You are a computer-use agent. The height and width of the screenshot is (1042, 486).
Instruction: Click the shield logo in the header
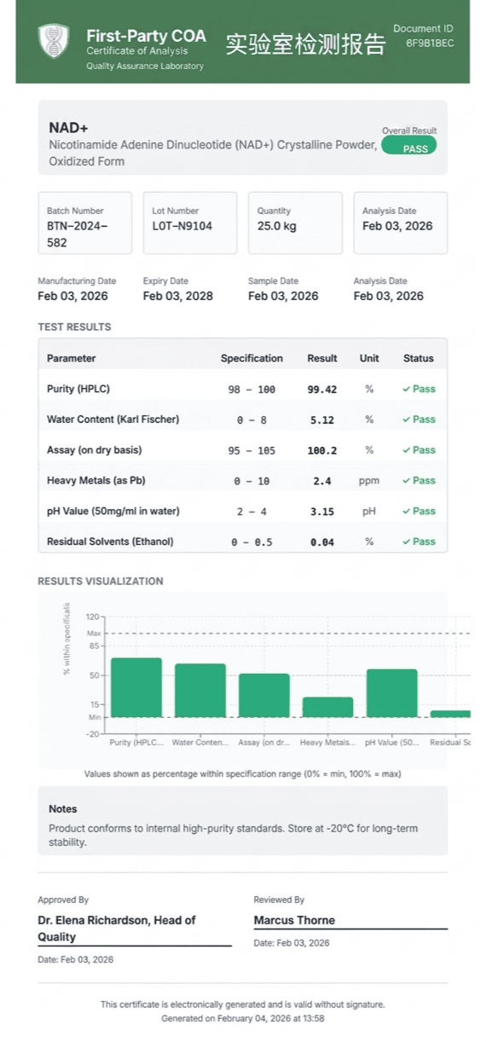coord(54,41)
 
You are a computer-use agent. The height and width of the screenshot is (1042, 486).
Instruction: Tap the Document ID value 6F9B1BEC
coord(429,43)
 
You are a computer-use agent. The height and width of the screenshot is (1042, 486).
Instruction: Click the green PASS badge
coord(408,145)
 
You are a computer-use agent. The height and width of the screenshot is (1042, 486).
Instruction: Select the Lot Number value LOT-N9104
coord(182,226)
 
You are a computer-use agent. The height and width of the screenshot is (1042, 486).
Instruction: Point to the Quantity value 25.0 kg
coord(277,226)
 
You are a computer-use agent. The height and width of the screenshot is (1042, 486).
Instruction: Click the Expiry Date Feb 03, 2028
coord(177,296)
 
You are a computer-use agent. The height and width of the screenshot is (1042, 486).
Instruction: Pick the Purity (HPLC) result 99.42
coord(321,390)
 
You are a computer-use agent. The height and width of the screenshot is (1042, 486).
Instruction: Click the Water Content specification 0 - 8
coord(252,420)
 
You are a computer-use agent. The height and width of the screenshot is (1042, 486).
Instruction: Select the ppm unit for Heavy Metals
coord(369,481)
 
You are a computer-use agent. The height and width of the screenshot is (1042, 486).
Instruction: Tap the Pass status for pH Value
coord(419,512)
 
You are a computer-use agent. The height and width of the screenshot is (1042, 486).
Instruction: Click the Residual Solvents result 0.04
coord(321,542)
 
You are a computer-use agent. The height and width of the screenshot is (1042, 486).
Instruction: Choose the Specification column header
coord(252,358)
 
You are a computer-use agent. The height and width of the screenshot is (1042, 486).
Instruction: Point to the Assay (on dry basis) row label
coord(95,450)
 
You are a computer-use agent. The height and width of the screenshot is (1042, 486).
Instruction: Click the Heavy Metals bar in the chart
coord(327,707)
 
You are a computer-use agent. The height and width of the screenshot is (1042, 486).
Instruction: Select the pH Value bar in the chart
coord(391,693)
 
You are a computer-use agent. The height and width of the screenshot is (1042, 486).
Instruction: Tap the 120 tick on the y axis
coord(93,617)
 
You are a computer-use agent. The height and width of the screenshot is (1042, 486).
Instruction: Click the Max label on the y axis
coord(94,633)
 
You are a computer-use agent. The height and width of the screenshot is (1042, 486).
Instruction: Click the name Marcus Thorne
coord(294,920)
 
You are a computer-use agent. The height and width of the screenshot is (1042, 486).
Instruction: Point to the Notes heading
coord(63,809)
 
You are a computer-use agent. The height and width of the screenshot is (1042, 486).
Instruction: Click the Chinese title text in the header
coord(305,44)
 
